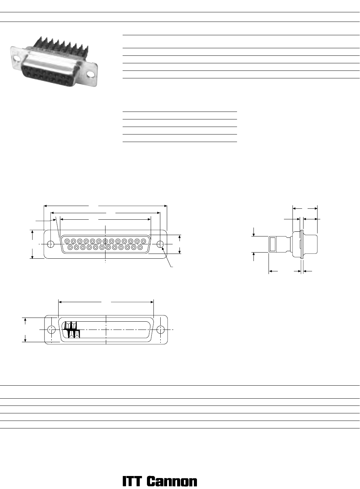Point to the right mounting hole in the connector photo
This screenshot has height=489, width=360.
click(90, 75)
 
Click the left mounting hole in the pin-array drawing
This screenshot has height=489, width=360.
click(51, 244)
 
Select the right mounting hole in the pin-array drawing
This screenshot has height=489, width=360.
click(160, 244)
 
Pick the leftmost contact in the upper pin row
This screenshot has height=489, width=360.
click(67, 241)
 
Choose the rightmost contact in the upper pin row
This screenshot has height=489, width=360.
click(144, 241)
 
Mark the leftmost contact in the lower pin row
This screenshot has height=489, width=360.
click(70, 247)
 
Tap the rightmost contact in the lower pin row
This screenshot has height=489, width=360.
click(140, 247)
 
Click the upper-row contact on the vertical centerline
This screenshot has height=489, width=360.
click(105, 241)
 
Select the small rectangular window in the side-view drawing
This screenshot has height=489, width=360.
click(273, 244)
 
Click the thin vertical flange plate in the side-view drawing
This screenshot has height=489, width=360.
click(302, 244)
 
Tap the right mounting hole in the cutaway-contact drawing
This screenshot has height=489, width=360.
click(161, 330)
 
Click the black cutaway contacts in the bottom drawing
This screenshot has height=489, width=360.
click(72, 330)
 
